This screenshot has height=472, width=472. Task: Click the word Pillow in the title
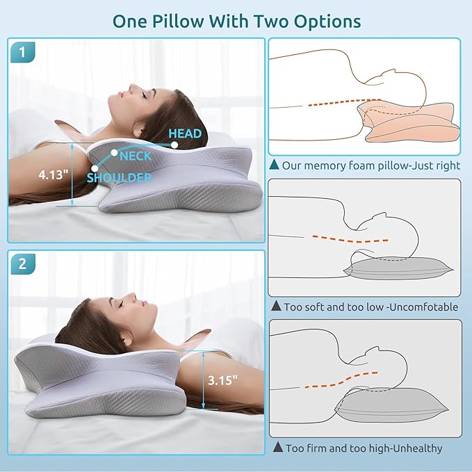point(178,21)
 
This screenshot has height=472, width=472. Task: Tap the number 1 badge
point(23,52)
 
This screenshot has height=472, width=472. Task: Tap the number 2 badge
point(23,264)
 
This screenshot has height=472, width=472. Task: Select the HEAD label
point(185,133)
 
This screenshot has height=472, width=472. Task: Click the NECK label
point(136,156)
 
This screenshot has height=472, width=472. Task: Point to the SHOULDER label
point(119,177)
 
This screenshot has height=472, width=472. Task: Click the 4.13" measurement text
point(54,174)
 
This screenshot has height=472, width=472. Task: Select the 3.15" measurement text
point(222,380)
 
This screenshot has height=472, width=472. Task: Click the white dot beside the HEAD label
point(174,145)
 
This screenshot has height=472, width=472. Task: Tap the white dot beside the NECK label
point(114,153)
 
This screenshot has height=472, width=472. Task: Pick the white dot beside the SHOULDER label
point(95,168)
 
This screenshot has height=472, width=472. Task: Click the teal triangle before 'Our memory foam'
point(274,164)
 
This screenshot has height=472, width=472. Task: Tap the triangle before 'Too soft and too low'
point(276,306)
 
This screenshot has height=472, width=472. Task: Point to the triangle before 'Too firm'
point(278,447)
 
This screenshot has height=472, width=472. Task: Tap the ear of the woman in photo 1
point(138,129)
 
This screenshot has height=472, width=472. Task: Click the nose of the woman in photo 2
point(131,296)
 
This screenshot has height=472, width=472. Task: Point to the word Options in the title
point(327,22)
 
